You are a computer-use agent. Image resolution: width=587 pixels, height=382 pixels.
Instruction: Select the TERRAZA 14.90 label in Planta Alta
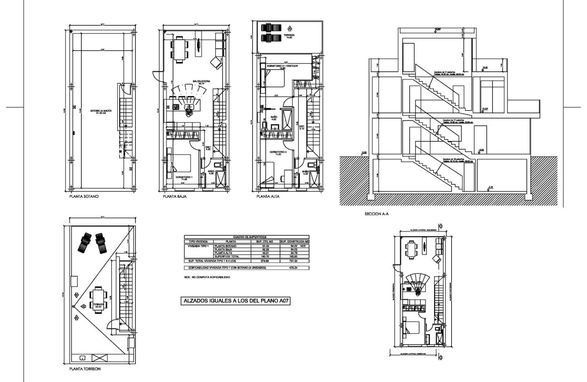click(288, 36)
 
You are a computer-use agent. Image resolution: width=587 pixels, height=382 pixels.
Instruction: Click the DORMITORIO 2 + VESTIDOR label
click(283, 66)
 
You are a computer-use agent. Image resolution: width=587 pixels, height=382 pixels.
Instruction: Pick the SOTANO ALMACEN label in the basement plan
click(95, 111)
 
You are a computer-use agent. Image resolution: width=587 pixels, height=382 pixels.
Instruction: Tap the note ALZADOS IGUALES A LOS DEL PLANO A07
click(236, 301)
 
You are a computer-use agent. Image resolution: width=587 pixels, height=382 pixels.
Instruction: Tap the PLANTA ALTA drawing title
click(268, 198)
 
